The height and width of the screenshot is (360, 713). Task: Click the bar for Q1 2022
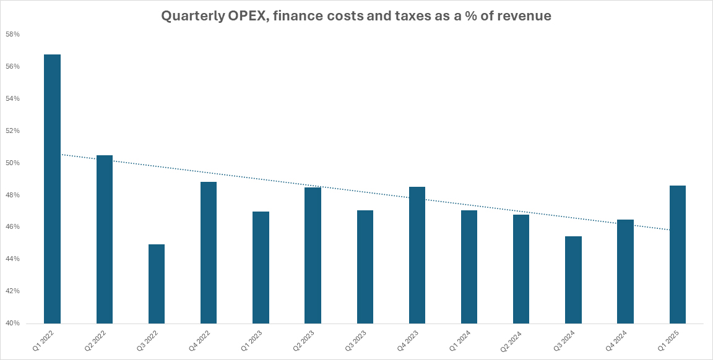point(52,189)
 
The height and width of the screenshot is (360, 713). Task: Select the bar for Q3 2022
point(157,283)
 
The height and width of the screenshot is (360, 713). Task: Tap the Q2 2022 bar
point(105,239)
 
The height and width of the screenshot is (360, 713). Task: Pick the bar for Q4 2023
point(417,255)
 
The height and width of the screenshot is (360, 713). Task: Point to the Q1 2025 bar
point(678,254)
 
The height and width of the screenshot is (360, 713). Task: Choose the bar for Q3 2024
point(573,280)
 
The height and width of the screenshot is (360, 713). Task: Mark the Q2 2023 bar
point(313,255)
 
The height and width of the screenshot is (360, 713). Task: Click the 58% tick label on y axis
point(13,34)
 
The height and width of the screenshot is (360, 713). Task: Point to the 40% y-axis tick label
point(13,323)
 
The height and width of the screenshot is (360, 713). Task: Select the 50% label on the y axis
point(13,163)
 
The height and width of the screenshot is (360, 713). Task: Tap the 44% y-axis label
point(13,259)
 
